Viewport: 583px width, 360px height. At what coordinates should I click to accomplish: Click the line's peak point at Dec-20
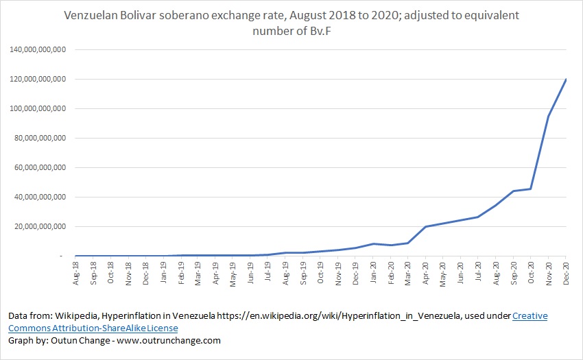[566, 80]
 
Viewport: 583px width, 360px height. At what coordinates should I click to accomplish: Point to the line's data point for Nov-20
[548, 117]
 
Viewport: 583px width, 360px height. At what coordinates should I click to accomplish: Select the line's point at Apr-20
[426, 226]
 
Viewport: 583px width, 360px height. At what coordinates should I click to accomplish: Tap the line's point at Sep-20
[513, 191]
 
